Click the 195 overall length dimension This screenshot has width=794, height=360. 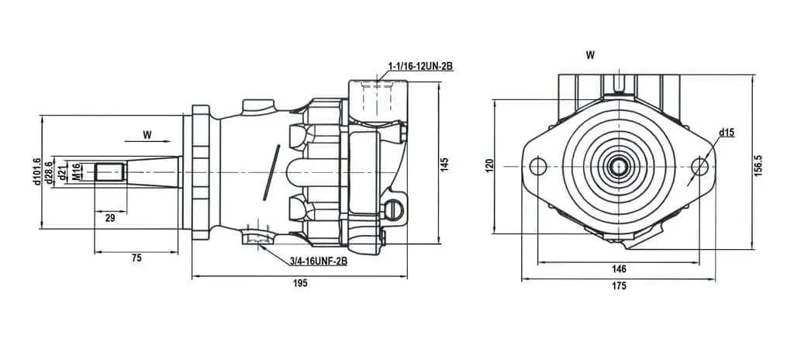tap(300, 283)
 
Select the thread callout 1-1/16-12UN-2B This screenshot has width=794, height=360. tap(420, 66)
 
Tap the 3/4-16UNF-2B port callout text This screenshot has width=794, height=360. tap(319, 261)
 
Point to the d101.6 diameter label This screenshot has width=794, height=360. tap(36, 171)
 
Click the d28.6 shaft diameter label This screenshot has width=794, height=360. tap(49, 172)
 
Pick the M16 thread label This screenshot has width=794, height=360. tap(76, 172)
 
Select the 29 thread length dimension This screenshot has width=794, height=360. tap(110, 218)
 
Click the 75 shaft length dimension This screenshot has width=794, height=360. tap(136, 258)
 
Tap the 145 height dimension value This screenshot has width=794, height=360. tap(444, 164)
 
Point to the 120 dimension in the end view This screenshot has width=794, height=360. tap(489, 166)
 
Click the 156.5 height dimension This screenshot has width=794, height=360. tap(758, 165)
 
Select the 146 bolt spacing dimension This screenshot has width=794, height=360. tap(619, 268)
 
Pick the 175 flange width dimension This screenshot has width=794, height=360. tap(619, 286)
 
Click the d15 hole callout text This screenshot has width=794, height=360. tap(727, 133)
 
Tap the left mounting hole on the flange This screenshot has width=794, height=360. tap(538, 166)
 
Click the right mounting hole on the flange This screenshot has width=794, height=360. tap(699, 166)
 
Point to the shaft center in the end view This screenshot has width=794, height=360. tap(619, 166)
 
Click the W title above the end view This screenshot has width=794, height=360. tap(590, 55)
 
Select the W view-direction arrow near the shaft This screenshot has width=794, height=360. tap(147, 141)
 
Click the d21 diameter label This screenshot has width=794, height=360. tap(63, 172)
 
